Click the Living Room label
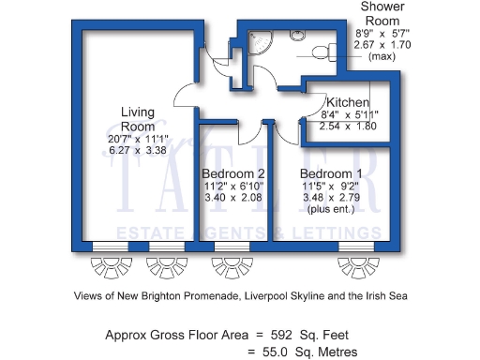(x=137, y=119)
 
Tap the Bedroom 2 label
(x=233, y=173)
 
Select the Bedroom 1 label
(x=331, y=173)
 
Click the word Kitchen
(x=347, y=102)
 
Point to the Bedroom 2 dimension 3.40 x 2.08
(x=233, y=198)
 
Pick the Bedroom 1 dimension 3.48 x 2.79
(x=331, y=198)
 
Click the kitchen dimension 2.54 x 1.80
(x=347, y=126)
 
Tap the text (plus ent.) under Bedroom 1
(x=331, y=209)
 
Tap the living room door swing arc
(x=186, y=94)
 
